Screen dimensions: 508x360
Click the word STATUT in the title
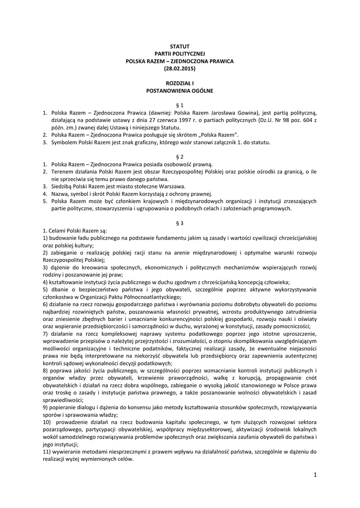(180, 46)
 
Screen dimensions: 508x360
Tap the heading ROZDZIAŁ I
(180, 83)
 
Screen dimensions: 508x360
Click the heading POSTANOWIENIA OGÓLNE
(180, 91)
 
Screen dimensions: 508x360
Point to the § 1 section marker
(180, 105)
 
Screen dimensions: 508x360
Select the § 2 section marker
(180, 157)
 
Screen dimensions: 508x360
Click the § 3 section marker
(180, 223)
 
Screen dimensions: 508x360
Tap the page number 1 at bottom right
(315, 475)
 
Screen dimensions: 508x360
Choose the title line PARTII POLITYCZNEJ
(180, 53)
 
